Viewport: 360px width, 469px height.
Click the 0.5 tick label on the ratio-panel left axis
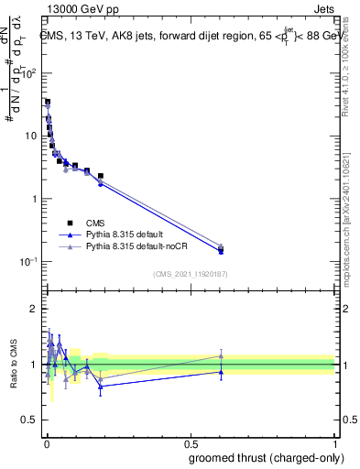29,420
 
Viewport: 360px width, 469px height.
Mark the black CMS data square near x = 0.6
221,249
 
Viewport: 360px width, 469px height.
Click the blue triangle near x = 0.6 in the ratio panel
221,372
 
